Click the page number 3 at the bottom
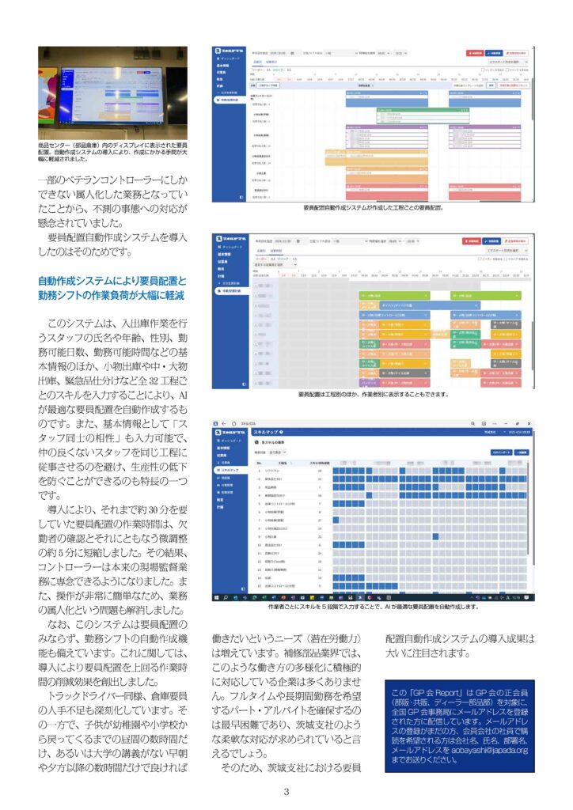click(286, 793)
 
